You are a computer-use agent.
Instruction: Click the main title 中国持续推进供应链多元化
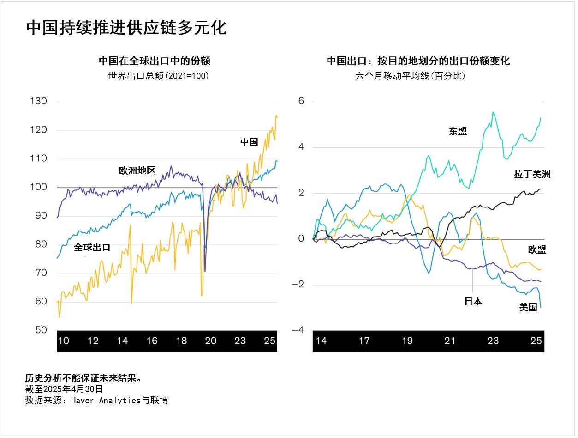click(126, 28)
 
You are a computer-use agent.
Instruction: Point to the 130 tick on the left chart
click(38, 101)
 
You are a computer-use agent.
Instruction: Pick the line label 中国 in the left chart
click(249, 142)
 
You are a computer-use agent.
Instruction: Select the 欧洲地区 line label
click(137, 171)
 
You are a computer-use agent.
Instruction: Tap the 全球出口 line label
click(92, 247)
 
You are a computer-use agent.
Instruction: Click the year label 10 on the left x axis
click(64, 341)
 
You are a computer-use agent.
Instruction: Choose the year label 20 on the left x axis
click(210, 341)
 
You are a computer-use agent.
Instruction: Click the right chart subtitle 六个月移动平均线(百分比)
click(410, 76)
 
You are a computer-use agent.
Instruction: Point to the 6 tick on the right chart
click(301, 101)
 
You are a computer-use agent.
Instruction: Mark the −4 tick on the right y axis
click(298, 330)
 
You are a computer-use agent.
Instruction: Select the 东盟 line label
click(458, 132)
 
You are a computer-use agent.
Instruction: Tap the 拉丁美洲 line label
click(532, 174)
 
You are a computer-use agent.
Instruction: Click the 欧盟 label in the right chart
click(537, 250)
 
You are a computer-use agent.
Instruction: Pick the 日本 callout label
click(473, 302)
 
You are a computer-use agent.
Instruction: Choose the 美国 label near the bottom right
click(528, 307)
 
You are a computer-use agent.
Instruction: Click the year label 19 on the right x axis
click(407, 341)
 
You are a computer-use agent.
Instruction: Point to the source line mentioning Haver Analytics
click(97, 400)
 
